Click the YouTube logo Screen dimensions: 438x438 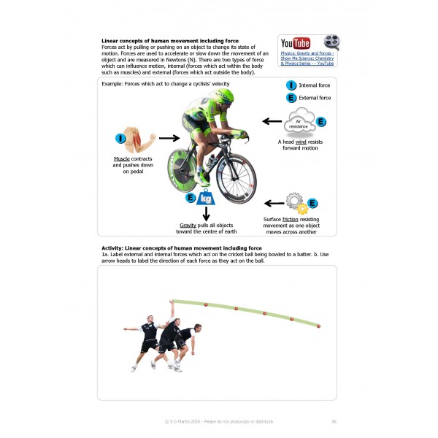coord(295,43)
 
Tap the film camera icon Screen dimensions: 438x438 coord(331,42)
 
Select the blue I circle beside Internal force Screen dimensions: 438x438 coord(291,85)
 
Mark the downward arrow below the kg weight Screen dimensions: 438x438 coord(207,214)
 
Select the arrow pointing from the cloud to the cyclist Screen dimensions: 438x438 coord(272,121)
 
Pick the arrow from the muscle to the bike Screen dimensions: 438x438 coord(169,137)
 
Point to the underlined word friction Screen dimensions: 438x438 coord(304,218)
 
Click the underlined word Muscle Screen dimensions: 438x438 coord(121,158)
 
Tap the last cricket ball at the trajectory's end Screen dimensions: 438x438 coord(318,326)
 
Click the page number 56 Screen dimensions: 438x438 coord(333,421)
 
